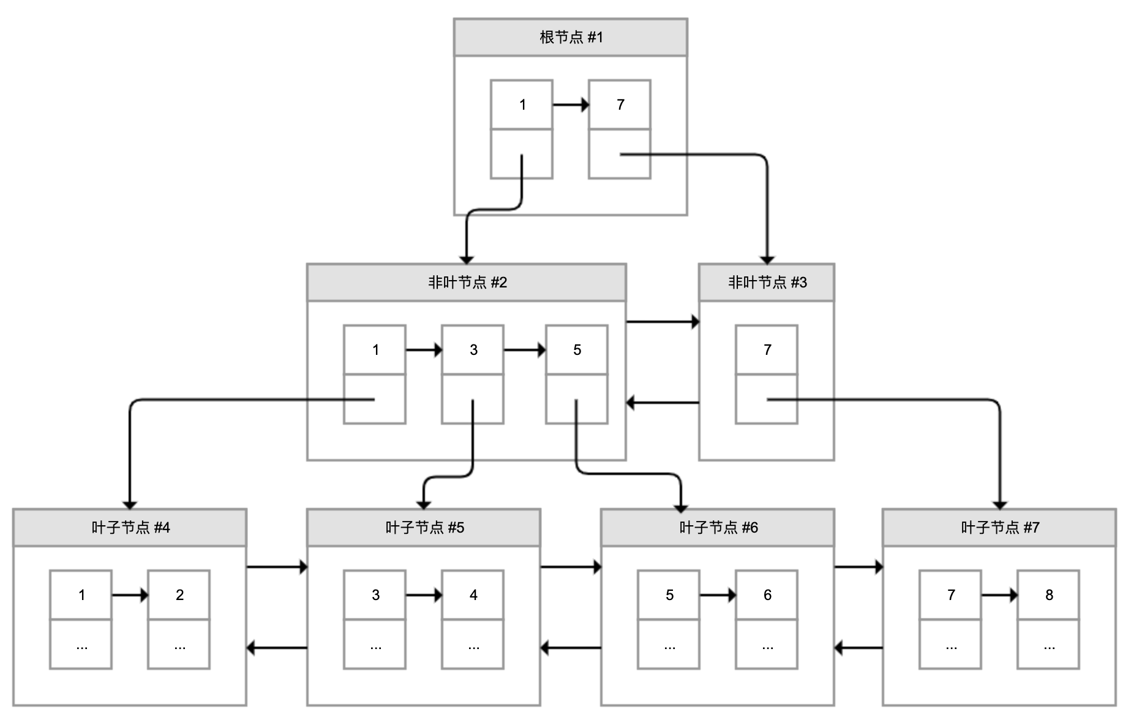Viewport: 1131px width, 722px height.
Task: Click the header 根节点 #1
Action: point(570,37)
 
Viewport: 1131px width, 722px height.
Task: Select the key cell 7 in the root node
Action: point(619,105)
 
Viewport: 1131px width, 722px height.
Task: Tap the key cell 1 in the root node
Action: point(521,105)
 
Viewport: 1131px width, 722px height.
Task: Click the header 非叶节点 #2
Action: point(466,283)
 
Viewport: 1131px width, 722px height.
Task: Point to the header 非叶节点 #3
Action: point(766,283)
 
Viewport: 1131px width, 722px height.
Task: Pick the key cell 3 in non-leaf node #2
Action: point(472,350)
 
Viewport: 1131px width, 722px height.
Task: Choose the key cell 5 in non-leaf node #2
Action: point(576,350)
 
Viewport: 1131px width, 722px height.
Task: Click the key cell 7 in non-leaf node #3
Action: point(766,350)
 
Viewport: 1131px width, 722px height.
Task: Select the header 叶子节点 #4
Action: point(129,528)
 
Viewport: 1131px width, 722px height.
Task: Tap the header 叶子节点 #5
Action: point(423,528)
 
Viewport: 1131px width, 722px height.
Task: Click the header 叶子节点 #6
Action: point(717,528)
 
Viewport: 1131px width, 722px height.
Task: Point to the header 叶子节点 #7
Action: point(999,528)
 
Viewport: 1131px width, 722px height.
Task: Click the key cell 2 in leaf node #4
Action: point(178,595)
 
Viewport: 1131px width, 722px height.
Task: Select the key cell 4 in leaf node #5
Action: point(472,595)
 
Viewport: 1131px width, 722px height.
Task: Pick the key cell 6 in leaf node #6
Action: point(766,595)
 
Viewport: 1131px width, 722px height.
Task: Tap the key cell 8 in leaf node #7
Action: point(1048,595)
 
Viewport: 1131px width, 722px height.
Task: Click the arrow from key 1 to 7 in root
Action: point(570,105)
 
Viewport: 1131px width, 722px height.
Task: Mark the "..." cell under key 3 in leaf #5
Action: point(374,644)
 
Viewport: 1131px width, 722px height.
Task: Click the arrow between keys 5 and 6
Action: point(717,595)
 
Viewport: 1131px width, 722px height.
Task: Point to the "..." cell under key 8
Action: point(1048,644)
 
